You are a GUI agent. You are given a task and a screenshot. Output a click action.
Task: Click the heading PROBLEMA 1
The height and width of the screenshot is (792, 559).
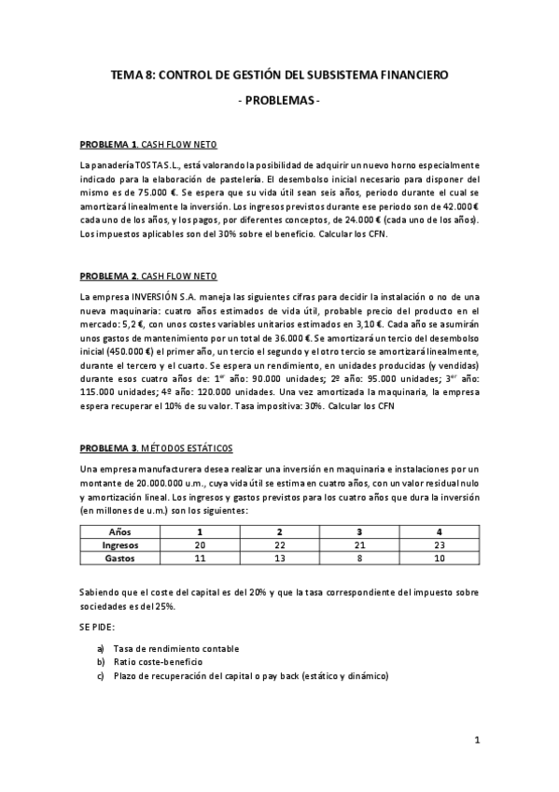pos(109,146)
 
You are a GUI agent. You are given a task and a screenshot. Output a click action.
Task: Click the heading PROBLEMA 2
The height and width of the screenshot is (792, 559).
pos(109,276)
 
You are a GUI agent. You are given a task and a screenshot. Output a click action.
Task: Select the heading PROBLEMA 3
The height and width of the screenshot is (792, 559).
pos(109,449)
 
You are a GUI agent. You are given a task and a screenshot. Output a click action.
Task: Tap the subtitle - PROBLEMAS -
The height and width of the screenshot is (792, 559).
pos(279,99)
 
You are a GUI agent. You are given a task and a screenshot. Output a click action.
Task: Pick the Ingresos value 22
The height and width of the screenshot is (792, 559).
pos(279,544)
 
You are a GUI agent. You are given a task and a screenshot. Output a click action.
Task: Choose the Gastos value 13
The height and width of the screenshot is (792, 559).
pos(279,559)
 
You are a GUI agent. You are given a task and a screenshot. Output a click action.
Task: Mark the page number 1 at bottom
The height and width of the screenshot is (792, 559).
pos(476,742)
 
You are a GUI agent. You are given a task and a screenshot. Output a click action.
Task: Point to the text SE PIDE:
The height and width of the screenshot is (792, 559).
pos(98,628)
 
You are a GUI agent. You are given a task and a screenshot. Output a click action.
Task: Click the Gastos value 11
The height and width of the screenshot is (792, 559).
pos(199,559)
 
